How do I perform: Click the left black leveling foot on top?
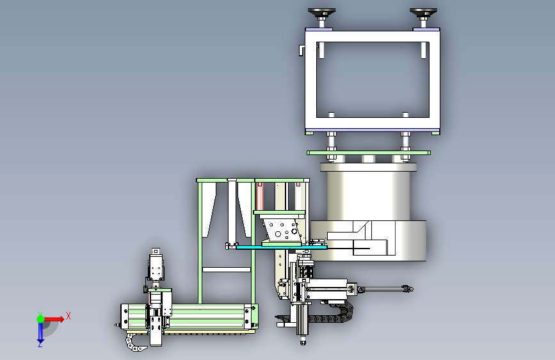[x=322, y=13]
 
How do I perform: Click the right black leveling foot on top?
[x=423, y=13]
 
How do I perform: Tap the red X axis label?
[x=68, y=316]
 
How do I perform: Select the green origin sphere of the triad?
[x=41, y=319]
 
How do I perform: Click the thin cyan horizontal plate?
[x=282, y=247]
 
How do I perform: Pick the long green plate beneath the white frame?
[x=369, y=152]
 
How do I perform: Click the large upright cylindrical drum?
[x=369, y=193]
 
